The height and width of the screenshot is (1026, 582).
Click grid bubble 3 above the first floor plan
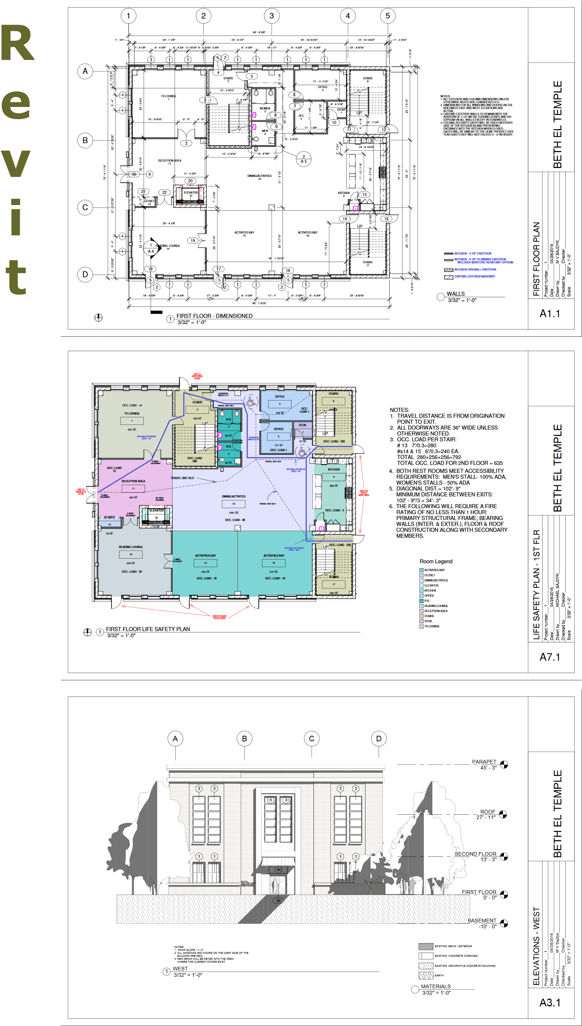pos(272,16)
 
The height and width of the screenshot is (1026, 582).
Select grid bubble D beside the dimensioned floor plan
pos(85,274)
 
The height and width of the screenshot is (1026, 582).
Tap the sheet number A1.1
pos(550,313)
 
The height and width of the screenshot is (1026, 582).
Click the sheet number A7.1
pos(550,657)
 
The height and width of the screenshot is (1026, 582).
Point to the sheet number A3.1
pos(550,1002)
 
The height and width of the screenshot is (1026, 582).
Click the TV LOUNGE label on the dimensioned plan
pos(169,96)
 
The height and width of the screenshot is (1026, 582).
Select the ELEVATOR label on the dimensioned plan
pos(191,192)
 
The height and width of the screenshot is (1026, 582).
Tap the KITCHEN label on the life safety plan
pos(334,469)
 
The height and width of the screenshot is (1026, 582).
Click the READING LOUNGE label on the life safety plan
pos(131,547)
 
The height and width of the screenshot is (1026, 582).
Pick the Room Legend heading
pos(436,561)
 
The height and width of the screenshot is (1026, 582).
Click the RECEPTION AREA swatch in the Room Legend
pos(421,611)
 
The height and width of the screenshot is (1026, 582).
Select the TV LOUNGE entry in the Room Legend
pos(432,626)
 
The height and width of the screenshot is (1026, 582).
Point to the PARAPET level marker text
pos(484,762)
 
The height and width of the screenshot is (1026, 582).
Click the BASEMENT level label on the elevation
pos(482,921)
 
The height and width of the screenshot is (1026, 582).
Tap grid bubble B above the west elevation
pos(244,739)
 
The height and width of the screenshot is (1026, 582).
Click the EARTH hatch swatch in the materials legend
pos(426,975)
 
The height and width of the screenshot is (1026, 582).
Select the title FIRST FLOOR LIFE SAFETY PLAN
pos(148,629)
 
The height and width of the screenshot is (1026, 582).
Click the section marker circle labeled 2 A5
pos(304,159)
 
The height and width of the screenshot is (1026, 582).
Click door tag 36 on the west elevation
pos(278,901)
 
